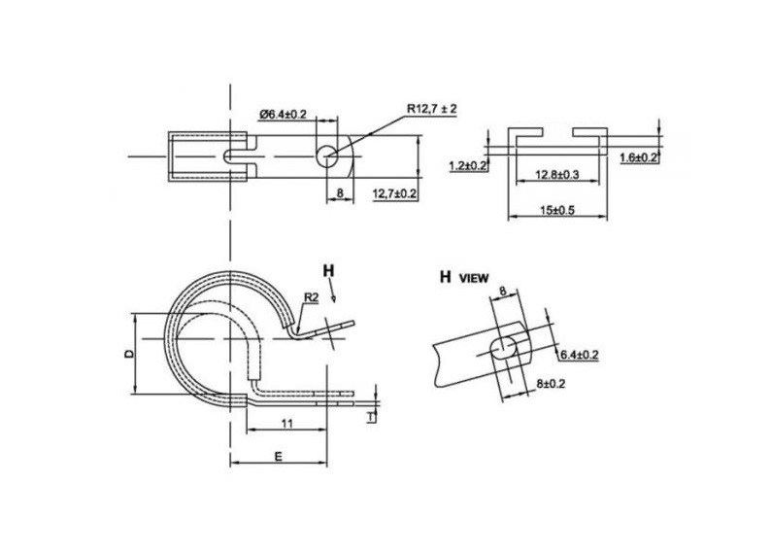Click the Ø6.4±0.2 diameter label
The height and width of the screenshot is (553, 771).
pyautogui.click(x=283, y=115)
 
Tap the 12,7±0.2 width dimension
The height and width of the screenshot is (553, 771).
pyautogui.click(x=394, y=194)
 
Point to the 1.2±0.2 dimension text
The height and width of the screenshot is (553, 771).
pyautogui.click(x=468, y=166)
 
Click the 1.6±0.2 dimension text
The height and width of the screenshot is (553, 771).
pyautogui.click(x=639, y=157)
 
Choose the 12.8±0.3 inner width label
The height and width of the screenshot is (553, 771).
pyautogui.click(x=558, y=177)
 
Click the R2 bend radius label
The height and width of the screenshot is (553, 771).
pyautogui.click(x=312, y=295)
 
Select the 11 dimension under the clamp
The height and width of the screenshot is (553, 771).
pyautogui.click(x=287, y=423)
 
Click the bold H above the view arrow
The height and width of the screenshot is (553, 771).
pyautogui.click(x=328, y=268)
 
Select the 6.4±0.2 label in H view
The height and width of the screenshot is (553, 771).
pyautogui.click(x=579, y=356)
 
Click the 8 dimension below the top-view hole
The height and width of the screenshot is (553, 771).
pyautogui.click(x=339, y=194)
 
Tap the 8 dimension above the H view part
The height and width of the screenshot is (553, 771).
pyautogui.click(x=503, y=291)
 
